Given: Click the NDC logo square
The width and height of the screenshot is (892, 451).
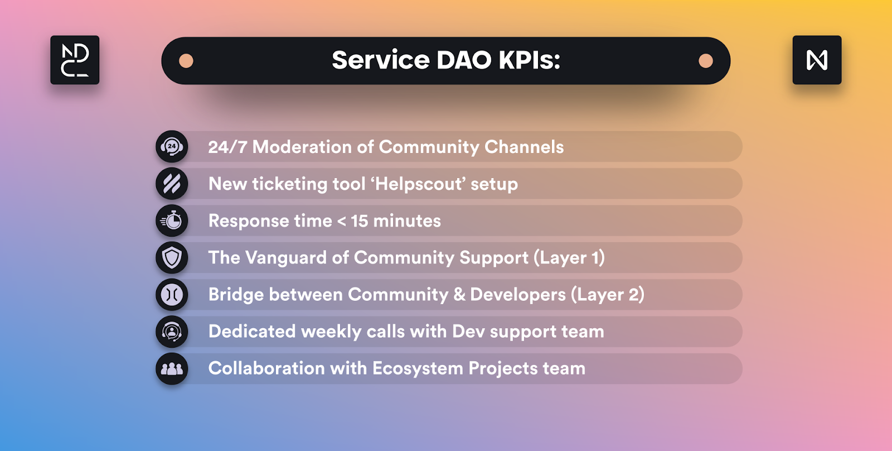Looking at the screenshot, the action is (75, 60).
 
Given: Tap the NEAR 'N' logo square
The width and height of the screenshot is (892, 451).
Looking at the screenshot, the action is (817, 60).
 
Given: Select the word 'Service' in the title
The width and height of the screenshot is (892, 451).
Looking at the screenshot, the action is (381, 60).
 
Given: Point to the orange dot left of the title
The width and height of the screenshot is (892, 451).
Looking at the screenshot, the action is (186, 61).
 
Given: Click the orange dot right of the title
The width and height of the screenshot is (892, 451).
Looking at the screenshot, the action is (706, 61).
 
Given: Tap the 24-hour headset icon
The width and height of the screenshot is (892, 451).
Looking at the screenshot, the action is (172, 146).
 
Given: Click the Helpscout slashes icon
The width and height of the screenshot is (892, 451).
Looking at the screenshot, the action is (172, 184).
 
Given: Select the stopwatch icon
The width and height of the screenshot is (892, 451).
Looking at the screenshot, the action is (172, 220).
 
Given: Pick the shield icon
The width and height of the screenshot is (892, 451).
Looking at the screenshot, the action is (172, 258).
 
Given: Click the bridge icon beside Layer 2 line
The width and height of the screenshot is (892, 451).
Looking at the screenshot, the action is (172, 295).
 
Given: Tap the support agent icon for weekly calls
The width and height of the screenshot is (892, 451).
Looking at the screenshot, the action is (172, 332).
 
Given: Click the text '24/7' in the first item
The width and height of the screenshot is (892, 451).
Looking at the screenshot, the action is (227, 147).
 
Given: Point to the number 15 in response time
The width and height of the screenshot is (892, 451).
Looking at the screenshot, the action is (360, 221).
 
